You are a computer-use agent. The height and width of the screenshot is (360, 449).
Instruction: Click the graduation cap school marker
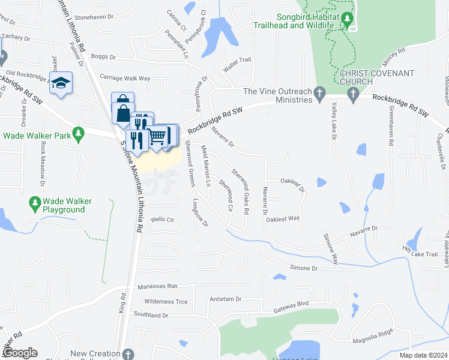[x=61, y=83]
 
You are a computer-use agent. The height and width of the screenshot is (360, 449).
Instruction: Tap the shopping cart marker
[x=158, y=136]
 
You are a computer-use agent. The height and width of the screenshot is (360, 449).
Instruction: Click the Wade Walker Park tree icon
[x=77, y=134]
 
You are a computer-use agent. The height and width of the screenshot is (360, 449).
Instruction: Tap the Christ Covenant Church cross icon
[x=352, y=93]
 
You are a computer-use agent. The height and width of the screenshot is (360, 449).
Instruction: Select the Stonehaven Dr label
[x=95, y=17]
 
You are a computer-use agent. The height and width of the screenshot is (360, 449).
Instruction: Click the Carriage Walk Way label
[x=125, y=78]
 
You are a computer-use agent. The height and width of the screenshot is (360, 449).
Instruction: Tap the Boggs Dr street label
[x=103, y=57]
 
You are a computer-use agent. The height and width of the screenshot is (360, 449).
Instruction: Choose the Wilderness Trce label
[x=166, y=301]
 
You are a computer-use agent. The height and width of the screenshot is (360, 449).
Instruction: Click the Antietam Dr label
[x=225, y=299]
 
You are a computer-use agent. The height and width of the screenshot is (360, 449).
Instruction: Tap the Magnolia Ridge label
[x=373, y=334]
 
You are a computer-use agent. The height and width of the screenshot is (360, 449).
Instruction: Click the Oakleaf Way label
[x=283, y=219]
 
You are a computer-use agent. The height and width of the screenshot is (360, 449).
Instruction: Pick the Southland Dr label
[x=151, y=315]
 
